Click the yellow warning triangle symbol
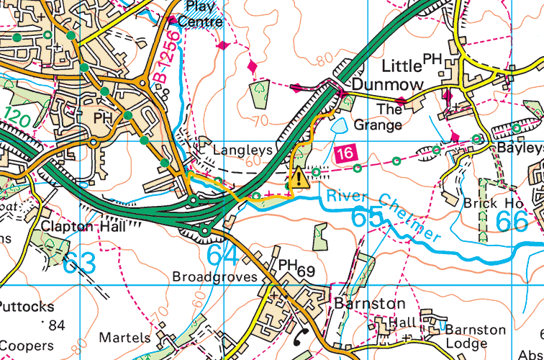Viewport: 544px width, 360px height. (x=298, y=176)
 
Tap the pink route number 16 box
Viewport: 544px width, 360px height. (x=345, y=152)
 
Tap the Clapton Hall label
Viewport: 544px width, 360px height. (x=83, y=226)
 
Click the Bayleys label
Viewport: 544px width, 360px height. (x=520, y=148)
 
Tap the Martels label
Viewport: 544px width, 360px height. (x=125, y=337)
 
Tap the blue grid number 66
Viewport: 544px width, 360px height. (x=512, y=221)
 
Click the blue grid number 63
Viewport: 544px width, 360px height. (x=79, y=263)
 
